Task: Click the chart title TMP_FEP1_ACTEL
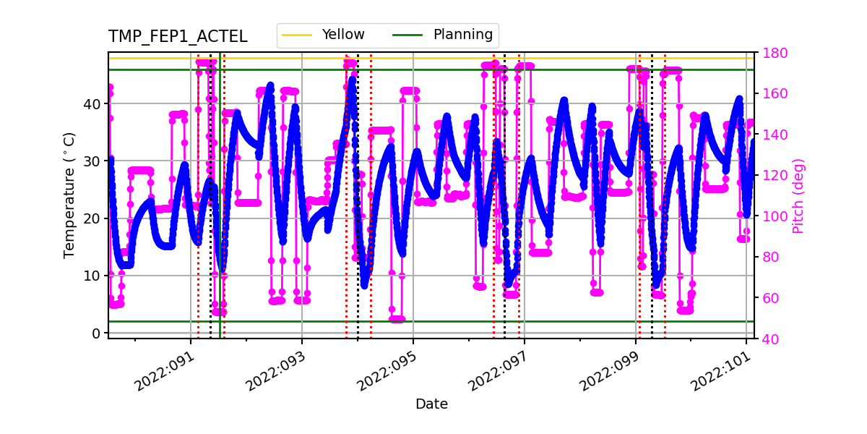pyautogui.click(x=178, y=37)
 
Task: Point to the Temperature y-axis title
pyautogui.click(x=69, y=195)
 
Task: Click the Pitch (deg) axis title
pyautogui.click(x=798, y=195)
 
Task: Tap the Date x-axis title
pyautogui.click(x=431, y=404)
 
